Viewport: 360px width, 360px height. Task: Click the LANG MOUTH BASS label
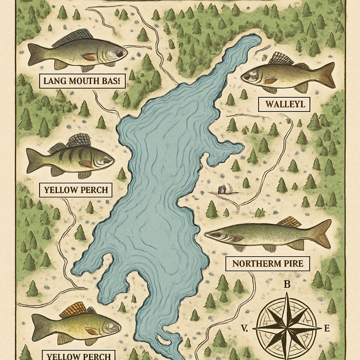pos(81,82)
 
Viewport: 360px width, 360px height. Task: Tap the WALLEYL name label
pos(284,104)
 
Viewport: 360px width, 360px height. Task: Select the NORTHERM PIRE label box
pos(267,263)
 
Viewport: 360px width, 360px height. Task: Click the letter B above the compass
pos(287,285)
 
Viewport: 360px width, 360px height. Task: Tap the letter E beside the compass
pos(327,329)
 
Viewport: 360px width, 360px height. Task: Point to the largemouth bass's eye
pos(120,53)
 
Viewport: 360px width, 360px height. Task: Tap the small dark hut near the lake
pos(222,190)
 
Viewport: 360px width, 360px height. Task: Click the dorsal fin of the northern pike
pos(289,222)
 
